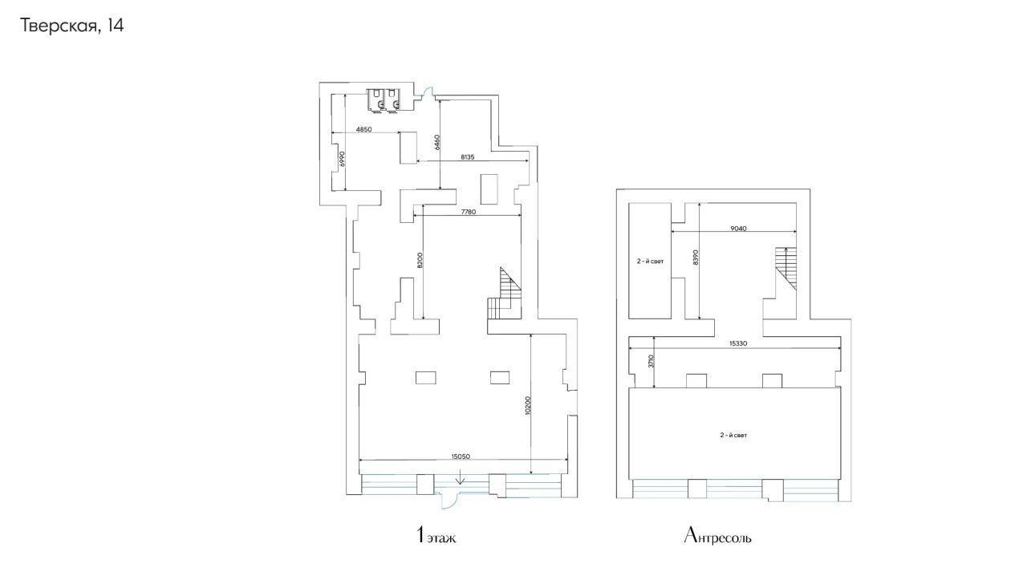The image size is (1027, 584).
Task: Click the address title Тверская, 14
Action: coord(72,26)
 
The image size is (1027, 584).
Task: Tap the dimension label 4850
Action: coord(364,129)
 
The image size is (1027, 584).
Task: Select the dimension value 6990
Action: coord(342,159)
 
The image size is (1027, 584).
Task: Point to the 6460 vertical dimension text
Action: coord(437,142)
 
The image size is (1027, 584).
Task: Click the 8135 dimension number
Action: coord(468,156)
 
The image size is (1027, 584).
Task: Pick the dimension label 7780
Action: coord(469,212)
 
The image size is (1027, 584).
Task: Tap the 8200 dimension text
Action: coord(420,260)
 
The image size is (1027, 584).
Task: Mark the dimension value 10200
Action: coord(528,406)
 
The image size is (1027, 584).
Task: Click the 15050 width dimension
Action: coord(461,456)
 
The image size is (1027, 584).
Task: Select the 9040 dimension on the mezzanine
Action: coord(738,229)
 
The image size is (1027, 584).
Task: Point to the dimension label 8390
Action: coord(696,258)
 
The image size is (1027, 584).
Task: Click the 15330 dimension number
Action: coord(738,343)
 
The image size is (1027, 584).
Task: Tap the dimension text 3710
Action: coord(651,362)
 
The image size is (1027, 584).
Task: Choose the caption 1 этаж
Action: coord(436,535)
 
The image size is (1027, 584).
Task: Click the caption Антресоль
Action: coord(717,535)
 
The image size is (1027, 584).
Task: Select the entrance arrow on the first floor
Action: coord(461,480)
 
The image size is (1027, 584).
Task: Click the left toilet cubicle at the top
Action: coord(376,100)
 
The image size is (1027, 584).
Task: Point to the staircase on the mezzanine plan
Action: coord(785,269)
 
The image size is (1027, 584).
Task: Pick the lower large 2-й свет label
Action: coord(733,435)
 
